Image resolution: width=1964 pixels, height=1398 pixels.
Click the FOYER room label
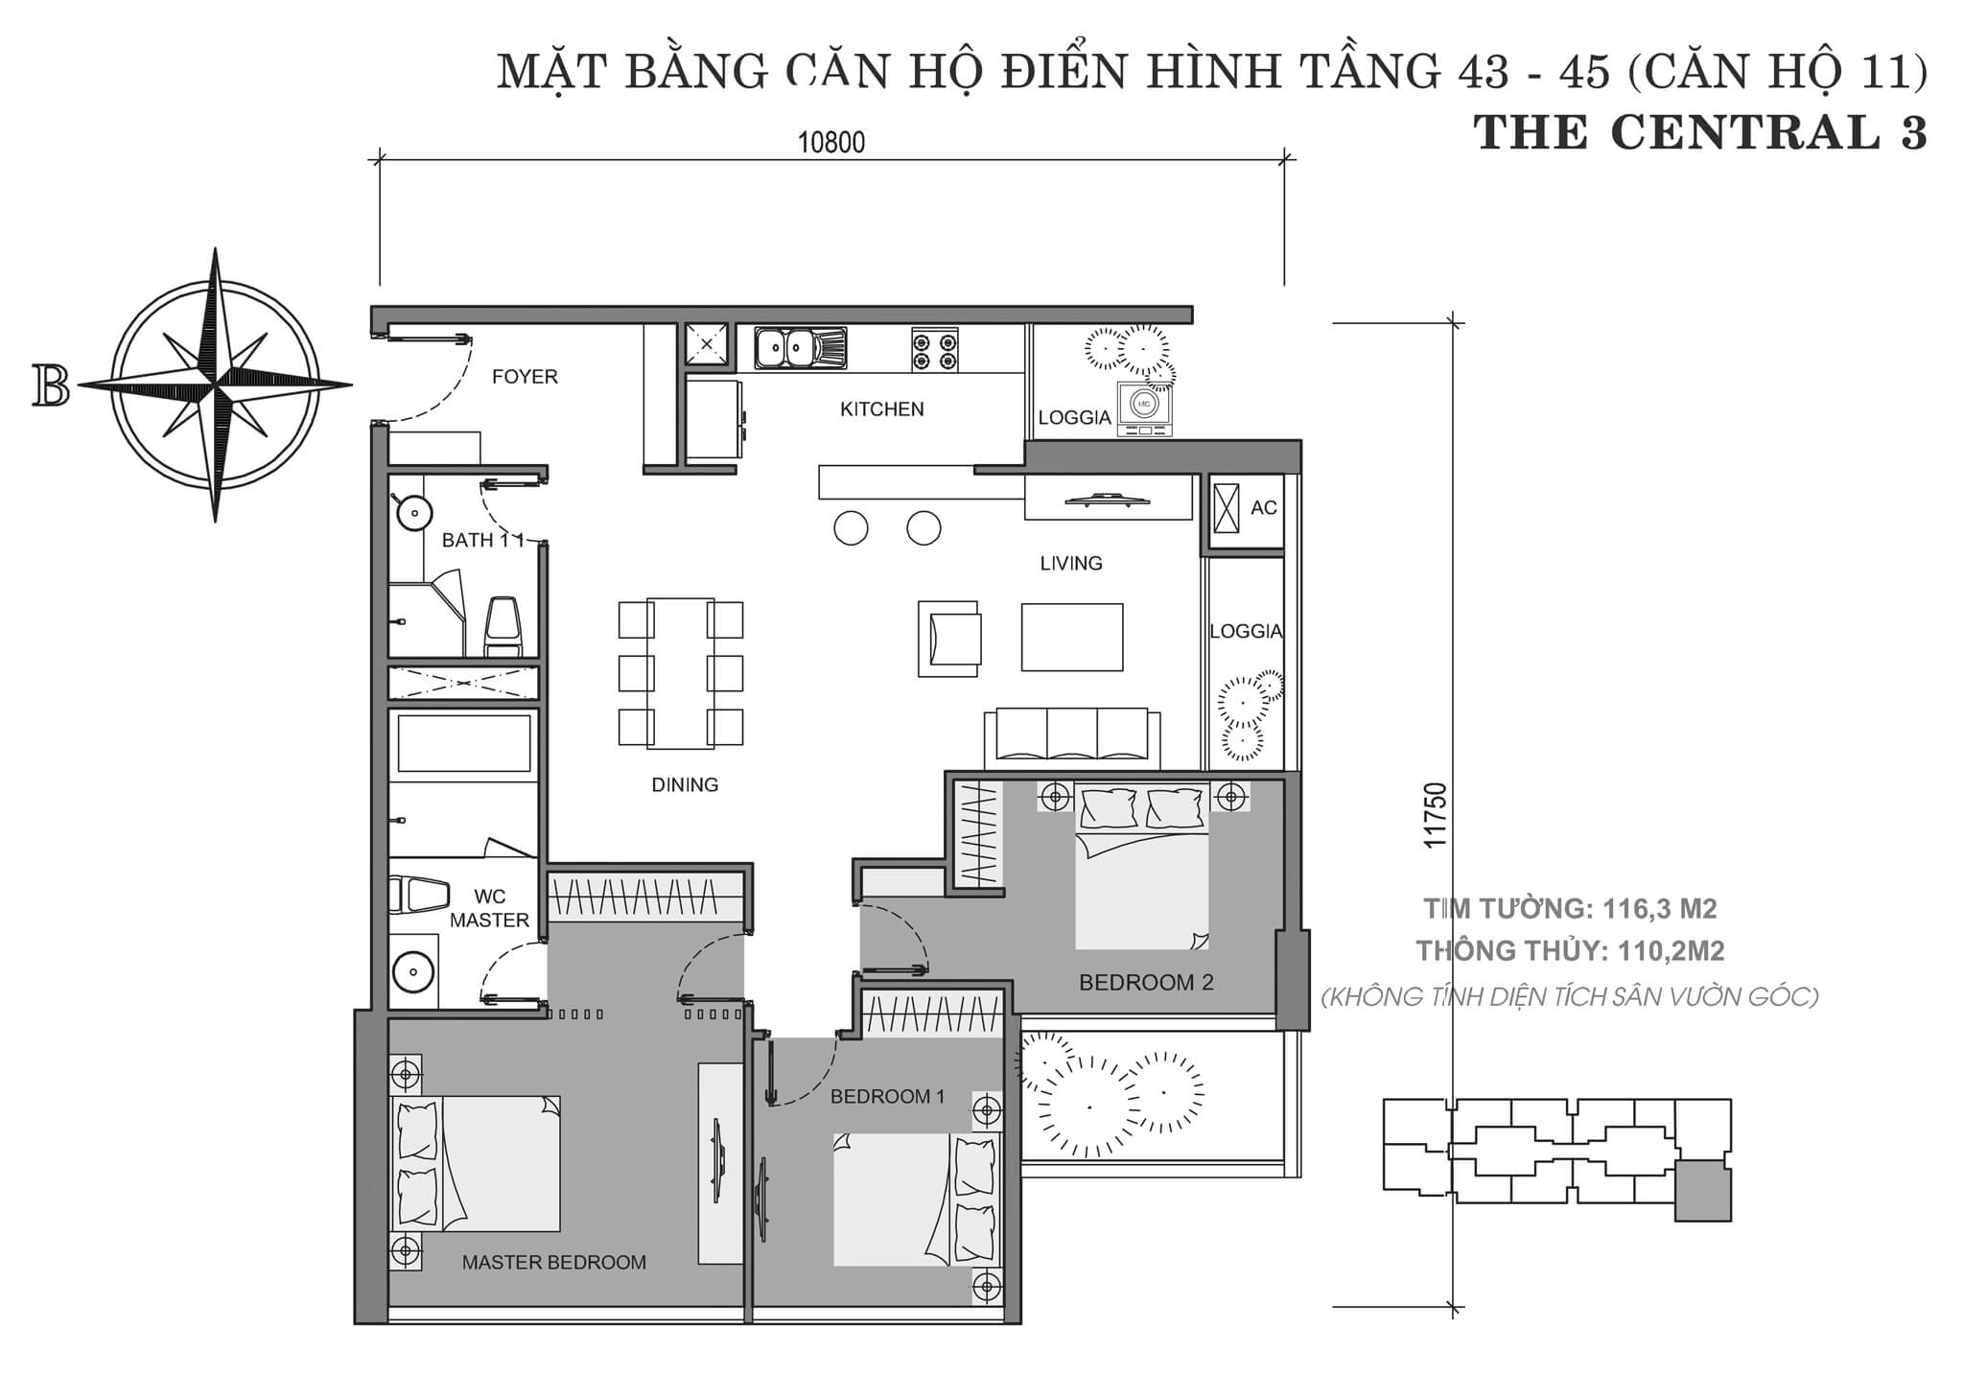525,377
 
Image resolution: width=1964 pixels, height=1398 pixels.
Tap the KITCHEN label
882,409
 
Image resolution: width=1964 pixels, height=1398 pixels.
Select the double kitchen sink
801,348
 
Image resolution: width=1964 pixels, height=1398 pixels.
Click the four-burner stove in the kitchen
935,350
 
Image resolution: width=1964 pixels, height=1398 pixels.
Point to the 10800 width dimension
831,143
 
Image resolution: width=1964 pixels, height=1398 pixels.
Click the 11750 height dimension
1435,815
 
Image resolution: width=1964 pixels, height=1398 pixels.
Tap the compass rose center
216,385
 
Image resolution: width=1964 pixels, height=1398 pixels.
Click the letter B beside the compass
51,385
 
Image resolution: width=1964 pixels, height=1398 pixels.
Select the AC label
1264,508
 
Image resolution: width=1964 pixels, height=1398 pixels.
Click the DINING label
685,785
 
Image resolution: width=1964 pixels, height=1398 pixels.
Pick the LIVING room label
1071,564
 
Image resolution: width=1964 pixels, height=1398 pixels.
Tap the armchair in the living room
949,639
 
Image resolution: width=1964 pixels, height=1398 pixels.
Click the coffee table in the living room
1072,637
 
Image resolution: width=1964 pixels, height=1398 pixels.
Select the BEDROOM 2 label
1146,983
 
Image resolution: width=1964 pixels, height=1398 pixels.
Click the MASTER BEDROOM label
554,1263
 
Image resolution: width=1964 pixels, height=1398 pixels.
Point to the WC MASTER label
490,909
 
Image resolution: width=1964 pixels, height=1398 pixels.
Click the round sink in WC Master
414,971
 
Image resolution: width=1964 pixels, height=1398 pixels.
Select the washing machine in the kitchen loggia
1144,408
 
